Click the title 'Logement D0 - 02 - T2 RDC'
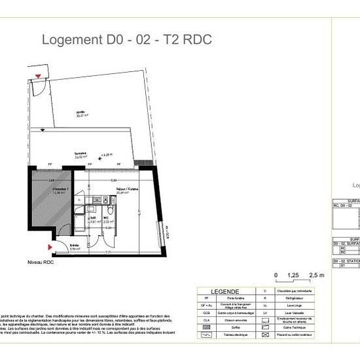[x=126, y=39]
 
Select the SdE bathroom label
[x=93, y=219]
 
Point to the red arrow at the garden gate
[x=39, y=77]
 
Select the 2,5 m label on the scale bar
[x=316, y=276]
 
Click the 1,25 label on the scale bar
[x=295, y=276]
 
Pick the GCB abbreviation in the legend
[x=206, y=312]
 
